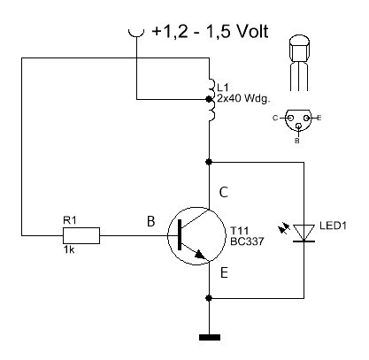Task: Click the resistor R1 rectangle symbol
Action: pos(81,235)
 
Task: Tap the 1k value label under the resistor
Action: pos(69,250)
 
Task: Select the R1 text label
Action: pos(70,220)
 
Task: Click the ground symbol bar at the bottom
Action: pos(210,337)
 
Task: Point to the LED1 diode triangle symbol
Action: pos(304,233)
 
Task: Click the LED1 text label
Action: pos(333,226)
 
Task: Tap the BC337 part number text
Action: pos(247,241)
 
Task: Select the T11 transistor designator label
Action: pos(239,230)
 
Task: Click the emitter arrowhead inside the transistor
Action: pos(201,255)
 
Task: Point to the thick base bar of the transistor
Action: pos(180,235)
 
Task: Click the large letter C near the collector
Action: pos(224,193)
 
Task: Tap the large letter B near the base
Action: pos(150,221)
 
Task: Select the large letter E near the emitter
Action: pos(224,273)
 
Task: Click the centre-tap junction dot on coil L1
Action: pos(209,99)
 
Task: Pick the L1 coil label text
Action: pos(223,88)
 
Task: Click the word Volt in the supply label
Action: pos(252,31)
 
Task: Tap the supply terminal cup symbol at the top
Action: pos(136,34)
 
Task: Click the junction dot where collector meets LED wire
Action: pos(209,162)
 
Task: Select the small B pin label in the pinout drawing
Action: pos(297,141)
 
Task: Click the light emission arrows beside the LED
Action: pos(284,229)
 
